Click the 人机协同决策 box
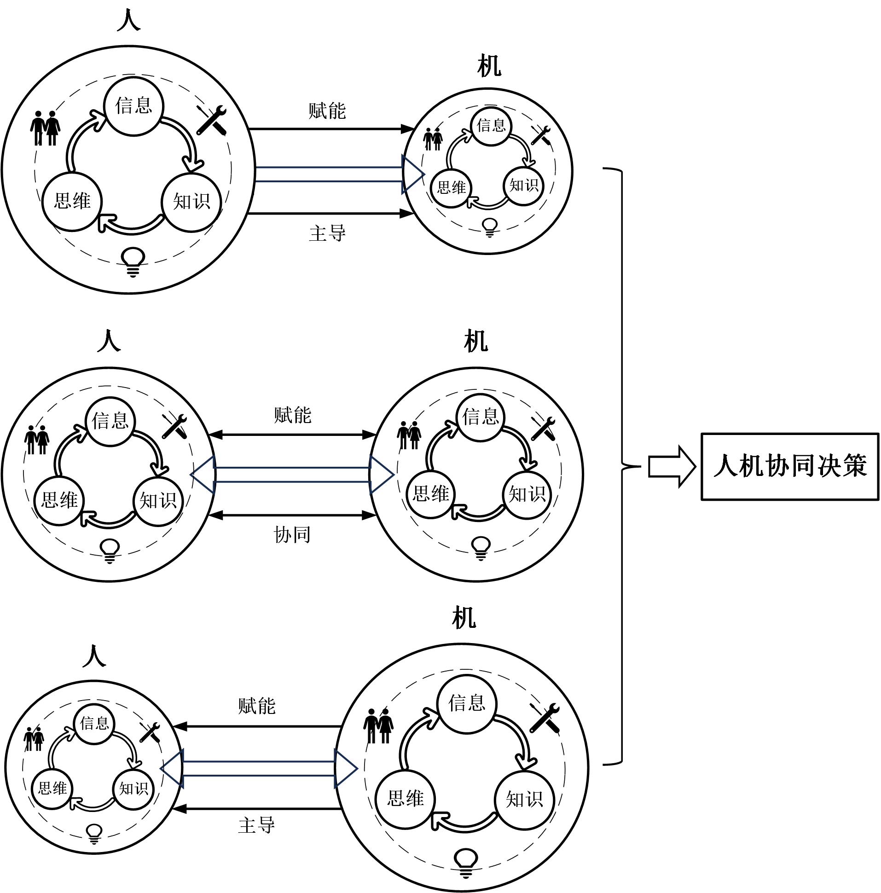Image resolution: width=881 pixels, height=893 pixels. tap(789, 466)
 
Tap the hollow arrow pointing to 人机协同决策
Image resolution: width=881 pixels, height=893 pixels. tap(672, 466)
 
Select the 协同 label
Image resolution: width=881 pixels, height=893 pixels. tap(292, 535)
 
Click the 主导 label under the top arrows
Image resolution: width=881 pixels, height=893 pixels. tap(327, 233)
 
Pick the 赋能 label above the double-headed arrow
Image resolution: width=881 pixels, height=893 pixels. tap(292, 415)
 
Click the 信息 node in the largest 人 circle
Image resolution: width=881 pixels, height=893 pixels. tap(133, 106)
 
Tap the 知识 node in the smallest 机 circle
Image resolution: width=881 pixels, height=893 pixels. tap(523, 186)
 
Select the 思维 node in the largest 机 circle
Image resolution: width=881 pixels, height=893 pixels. tap(406, 798)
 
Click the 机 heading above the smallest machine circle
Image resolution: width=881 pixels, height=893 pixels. tap(488, 67)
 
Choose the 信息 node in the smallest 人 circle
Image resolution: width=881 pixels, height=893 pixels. tap(95, 723)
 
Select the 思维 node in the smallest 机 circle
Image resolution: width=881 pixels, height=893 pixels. tap(451, 188)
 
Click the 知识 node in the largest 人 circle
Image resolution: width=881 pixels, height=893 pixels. tap(191, 202)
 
